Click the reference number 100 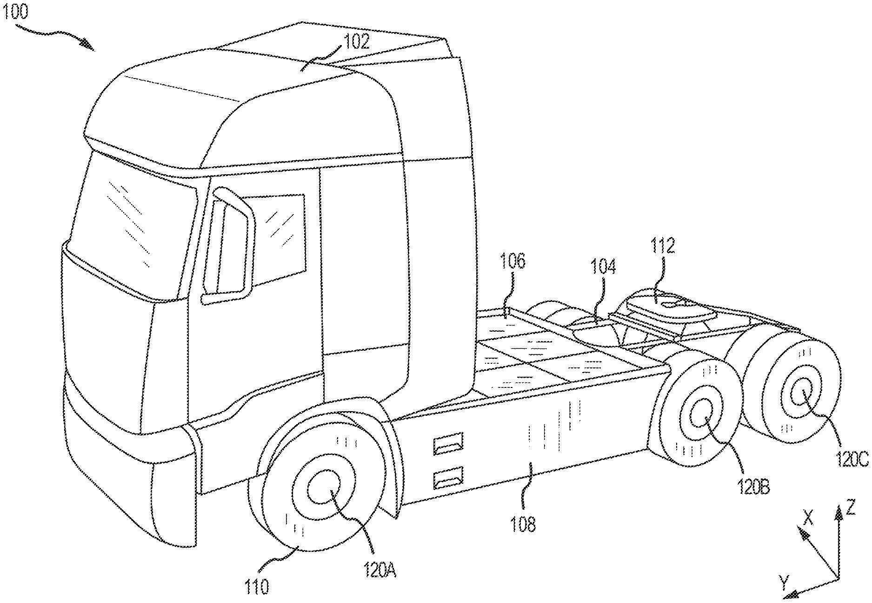15,11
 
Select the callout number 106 513,262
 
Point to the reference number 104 604,267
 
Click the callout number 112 663,246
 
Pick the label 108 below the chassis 524,524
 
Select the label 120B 754,487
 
